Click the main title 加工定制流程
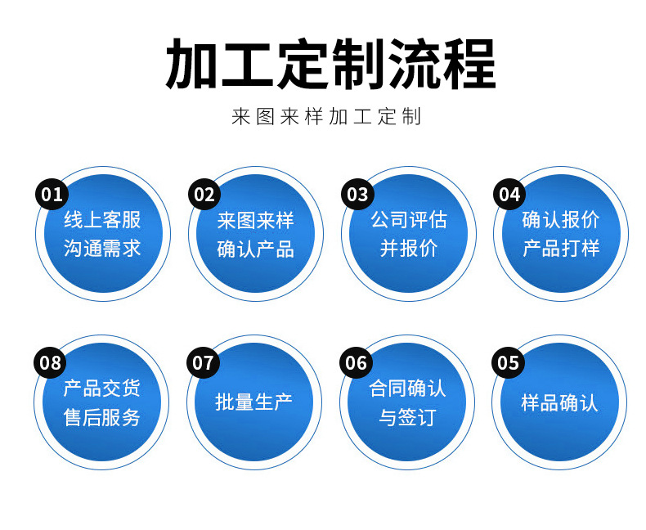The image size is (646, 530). click(330, 64)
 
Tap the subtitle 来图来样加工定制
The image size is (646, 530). click(326, 116)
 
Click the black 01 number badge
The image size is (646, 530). click(52, 194)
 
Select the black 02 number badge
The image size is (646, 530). click(204, 194)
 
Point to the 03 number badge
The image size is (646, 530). click(357, 194)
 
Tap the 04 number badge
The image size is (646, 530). click(509, 194)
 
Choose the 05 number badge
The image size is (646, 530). click(509, 362)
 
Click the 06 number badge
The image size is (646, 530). click(357, 362)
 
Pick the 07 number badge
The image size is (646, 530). click(204, 362)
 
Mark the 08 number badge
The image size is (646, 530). click(51, 362)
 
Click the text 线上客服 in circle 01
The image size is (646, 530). click(102, 220)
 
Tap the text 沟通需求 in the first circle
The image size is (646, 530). click(102, 249)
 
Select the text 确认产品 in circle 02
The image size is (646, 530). click(255, 249)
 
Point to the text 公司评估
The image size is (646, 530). click(409, 220)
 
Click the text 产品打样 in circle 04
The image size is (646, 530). click(561, 249)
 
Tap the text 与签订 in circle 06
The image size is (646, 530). click(407, 418)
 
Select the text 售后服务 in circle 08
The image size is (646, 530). click(102, 418)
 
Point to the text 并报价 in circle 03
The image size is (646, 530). click(409, 249)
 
